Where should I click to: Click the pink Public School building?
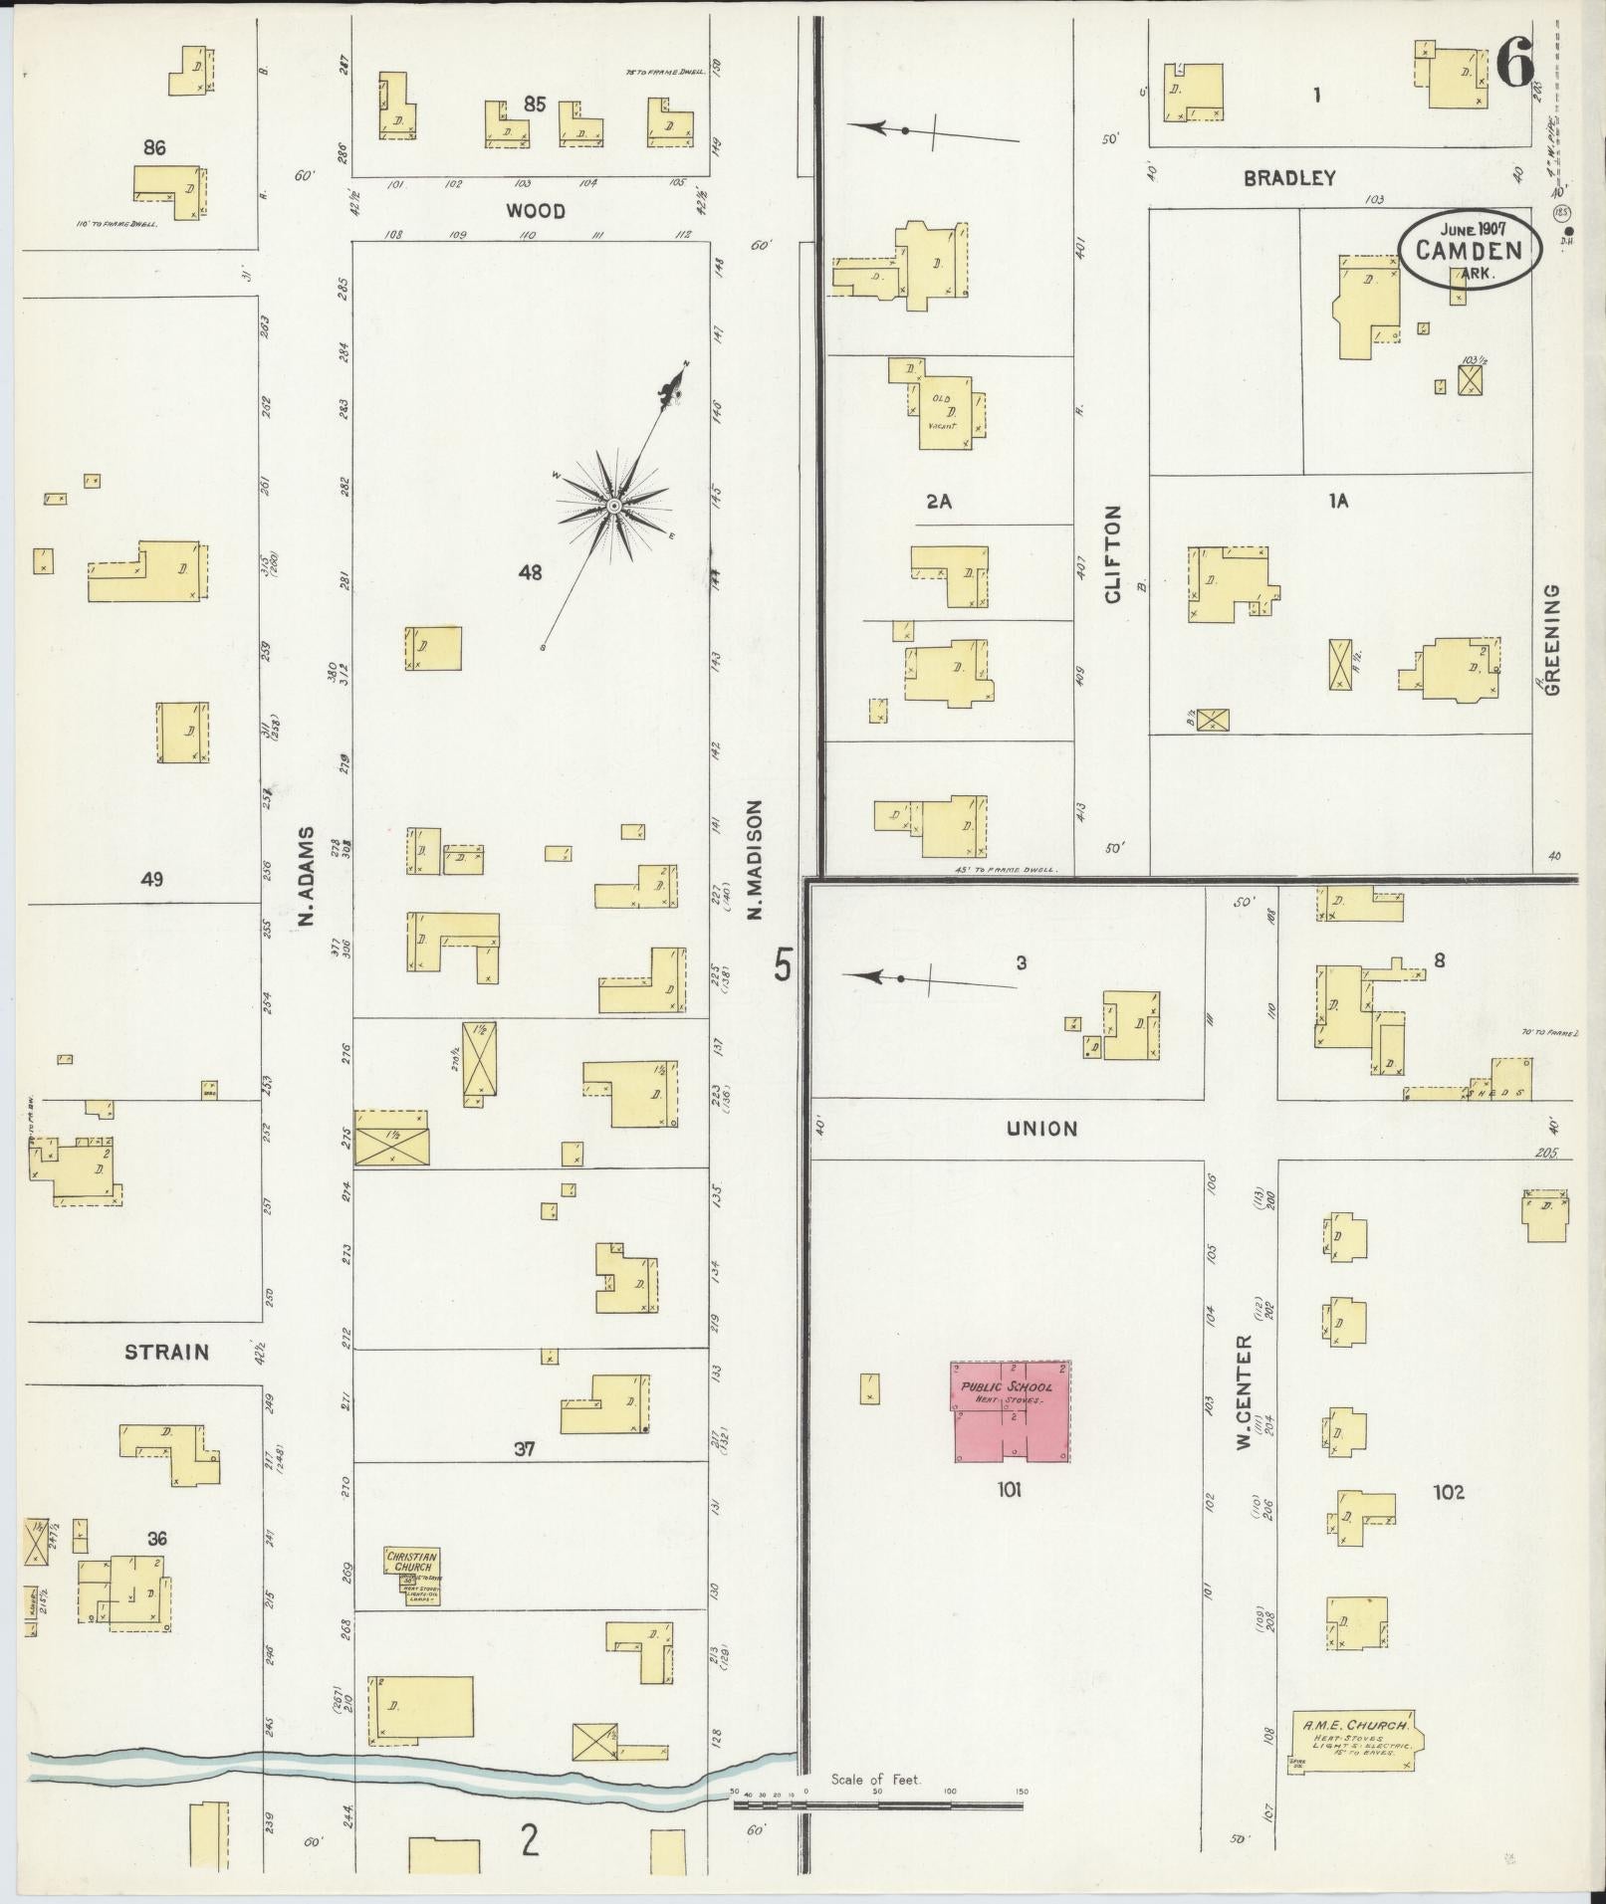(1010, 1410)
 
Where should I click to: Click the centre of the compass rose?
(613, 507)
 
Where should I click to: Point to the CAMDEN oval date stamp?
(1470, 249)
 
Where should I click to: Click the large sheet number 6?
(1514, 69)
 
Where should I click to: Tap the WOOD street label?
(535, 211)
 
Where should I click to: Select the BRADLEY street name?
(1288, 178)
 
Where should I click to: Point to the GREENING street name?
(1552, 638)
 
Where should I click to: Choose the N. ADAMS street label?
(305, 878)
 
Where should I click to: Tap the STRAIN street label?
(166, 1352)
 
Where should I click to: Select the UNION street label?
(1041, 1129)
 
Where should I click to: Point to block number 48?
(530, 572)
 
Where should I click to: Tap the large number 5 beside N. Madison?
(784, 965)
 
